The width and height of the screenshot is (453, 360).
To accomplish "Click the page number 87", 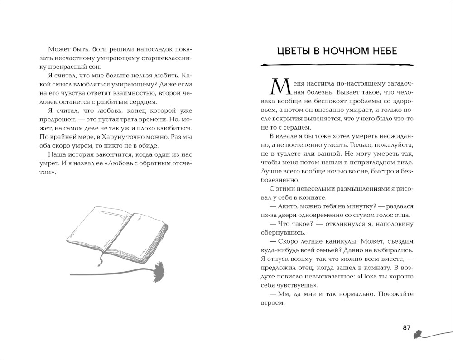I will point(406,328).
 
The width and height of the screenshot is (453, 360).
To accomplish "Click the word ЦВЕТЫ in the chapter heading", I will point(295,51).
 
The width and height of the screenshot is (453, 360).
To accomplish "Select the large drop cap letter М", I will point(278,87).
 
